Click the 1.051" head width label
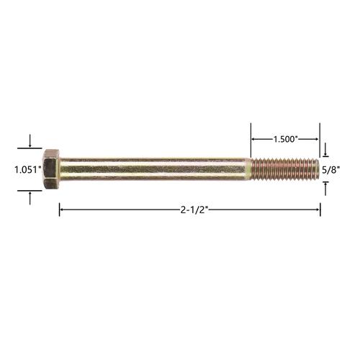28,170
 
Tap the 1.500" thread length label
286,139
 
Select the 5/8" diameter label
331,170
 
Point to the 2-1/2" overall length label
194,210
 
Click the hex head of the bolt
51,169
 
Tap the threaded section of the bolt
285,169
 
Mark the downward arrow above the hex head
30,141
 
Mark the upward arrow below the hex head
30,198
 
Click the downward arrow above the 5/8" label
325,150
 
